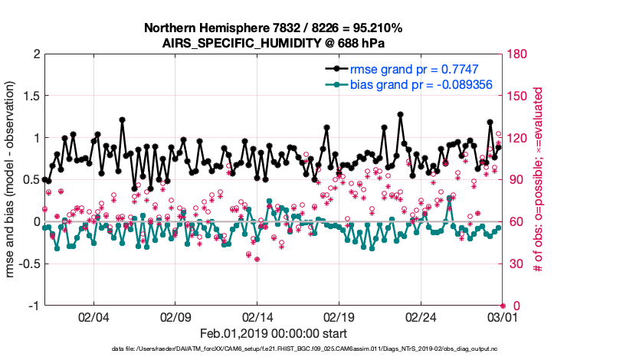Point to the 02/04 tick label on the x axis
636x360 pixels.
click(x=94, y=316)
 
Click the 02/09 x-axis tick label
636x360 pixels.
click(x=175, y=316)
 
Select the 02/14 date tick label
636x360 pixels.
click(x=257, y=316)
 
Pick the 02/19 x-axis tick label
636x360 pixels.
click(x=339, y=316)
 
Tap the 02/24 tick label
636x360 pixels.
click(x=421, y=316)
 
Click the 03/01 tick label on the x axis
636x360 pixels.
click(x=502, y=316)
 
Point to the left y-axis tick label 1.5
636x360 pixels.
click(x=31, y=97)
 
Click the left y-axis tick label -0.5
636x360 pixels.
click(x=28, y=264)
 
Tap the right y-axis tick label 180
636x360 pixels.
click(x=520, y=54)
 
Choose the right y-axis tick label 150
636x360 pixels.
click(x=520, y=97)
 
